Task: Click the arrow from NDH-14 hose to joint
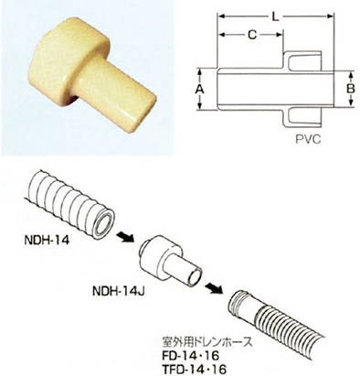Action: pyautogui.click(x=122, y=240)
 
